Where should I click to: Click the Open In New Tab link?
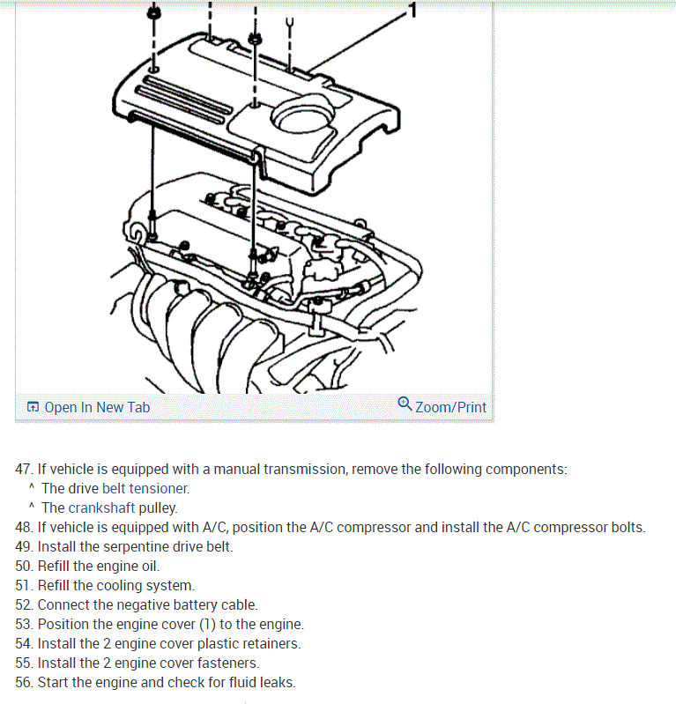pos(96,407)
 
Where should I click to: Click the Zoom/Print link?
pos(449,407)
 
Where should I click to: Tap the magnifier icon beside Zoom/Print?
pos(405,404)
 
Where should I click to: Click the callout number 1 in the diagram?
pos(412,11)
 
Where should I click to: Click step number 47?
pos(24,470)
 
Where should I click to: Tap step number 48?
pos(24,528)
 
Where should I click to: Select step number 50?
pos(24,567)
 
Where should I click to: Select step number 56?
pos(24,683)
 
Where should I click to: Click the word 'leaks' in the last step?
pos(277,683)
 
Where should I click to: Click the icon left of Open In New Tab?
pos(33,407)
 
